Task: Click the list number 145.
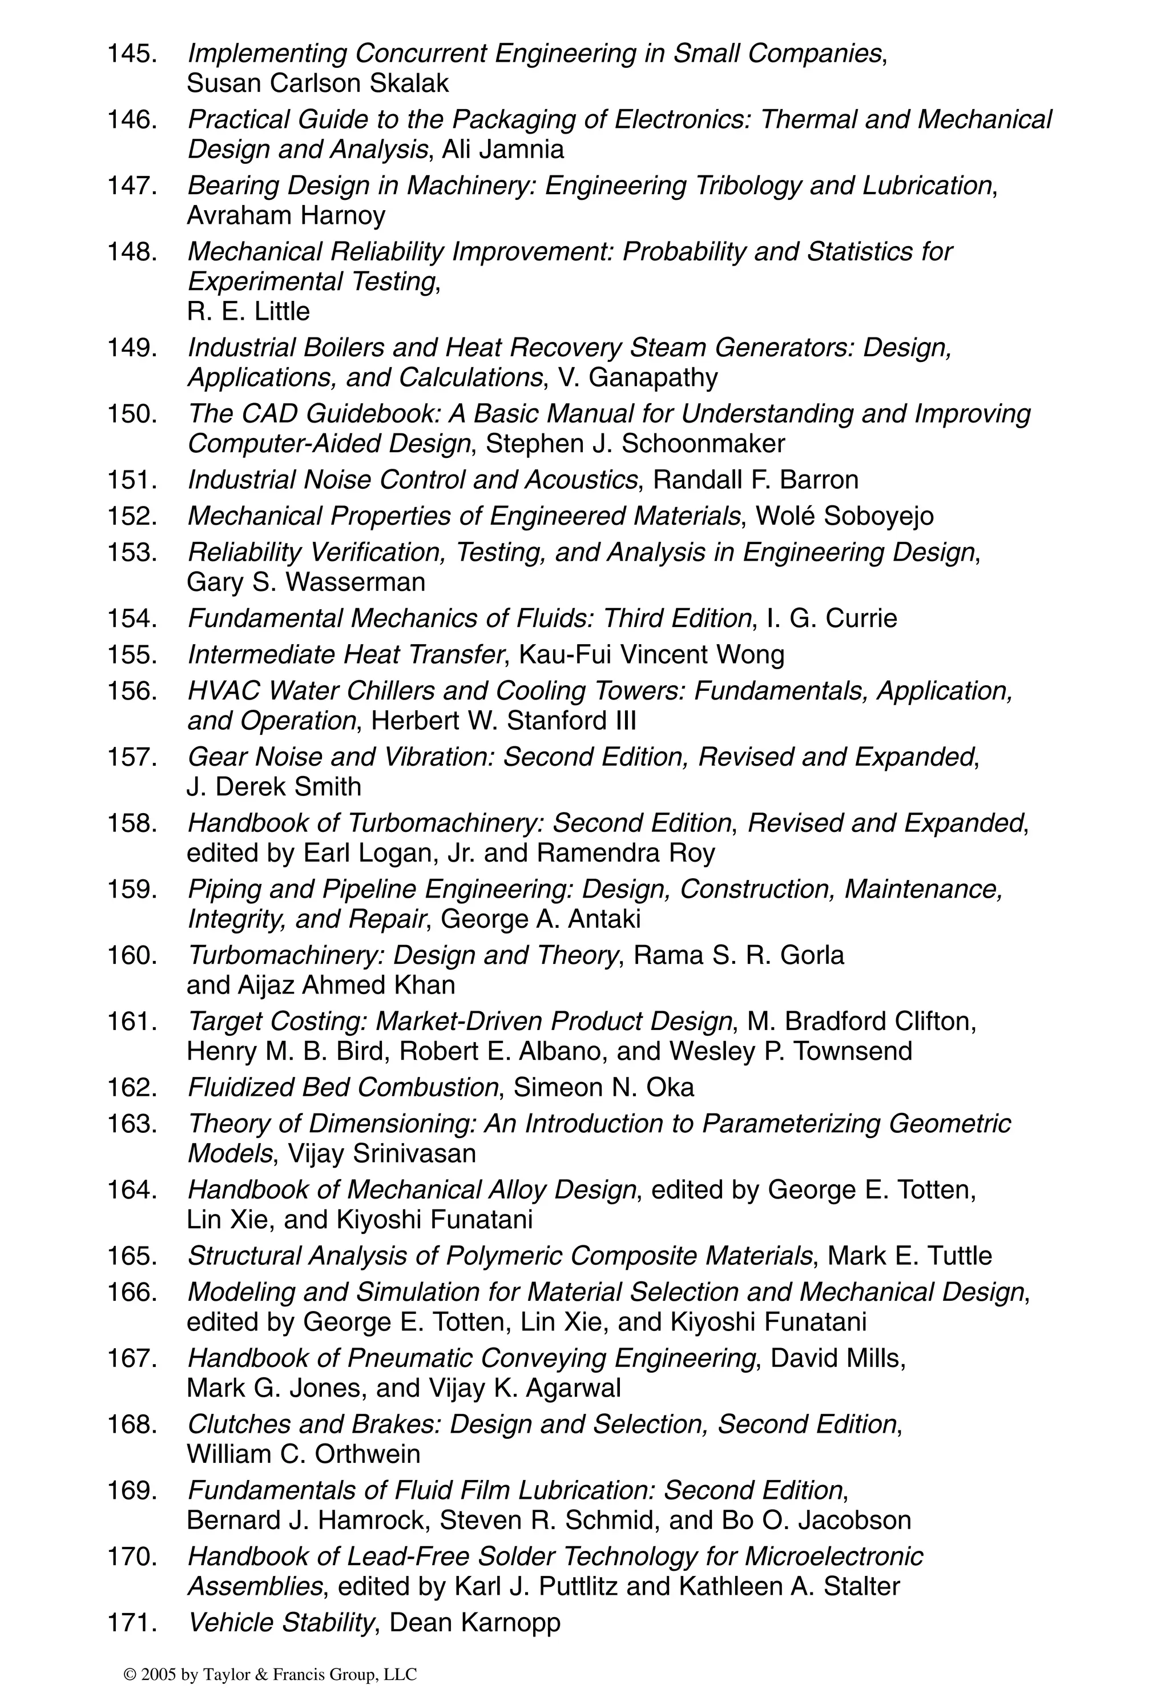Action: point(132,54)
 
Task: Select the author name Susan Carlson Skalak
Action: point(317,83)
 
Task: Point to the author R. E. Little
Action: point(248,311)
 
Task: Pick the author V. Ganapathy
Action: point(638,377)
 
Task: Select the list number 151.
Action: point(132,480)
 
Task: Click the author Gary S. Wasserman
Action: point(305,582)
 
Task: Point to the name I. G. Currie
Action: point(831,618)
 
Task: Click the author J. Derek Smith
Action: point(274,786)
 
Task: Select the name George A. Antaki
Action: point(541,919)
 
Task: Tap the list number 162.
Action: point(132,1087)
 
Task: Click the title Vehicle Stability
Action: point(280,1623)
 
